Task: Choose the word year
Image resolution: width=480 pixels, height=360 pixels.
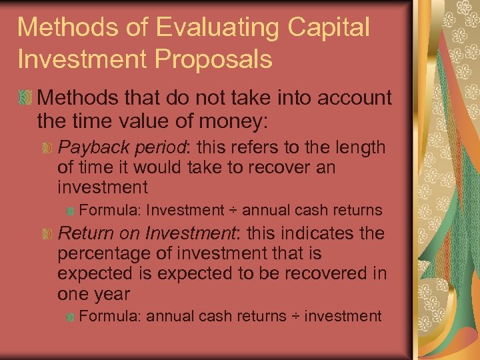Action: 111,295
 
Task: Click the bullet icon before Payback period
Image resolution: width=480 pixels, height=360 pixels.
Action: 47,147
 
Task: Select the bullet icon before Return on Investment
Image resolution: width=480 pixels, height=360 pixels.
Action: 47,234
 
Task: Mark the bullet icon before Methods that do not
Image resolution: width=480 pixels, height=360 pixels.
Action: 26,99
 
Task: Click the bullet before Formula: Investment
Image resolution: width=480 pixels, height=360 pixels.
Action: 70,211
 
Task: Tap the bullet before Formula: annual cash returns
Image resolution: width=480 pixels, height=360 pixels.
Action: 70,316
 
